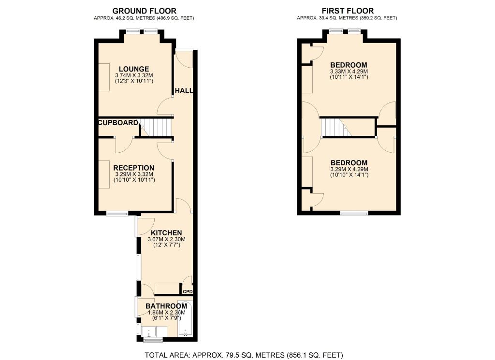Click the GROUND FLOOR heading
pos(144,11)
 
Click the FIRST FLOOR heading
pos(348,11)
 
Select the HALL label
pos(184,91)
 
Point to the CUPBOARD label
pos(118,123)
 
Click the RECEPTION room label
pos(133,168)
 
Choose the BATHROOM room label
pos(166,306)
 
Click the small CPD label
pos(187,292)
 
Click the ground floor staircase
pos(159,128)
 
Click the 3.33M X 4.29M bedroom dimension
pos(349,72)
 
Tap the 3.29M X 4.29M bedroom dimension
pos(349,169)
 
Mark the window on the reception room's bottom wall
pos(116,214)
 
